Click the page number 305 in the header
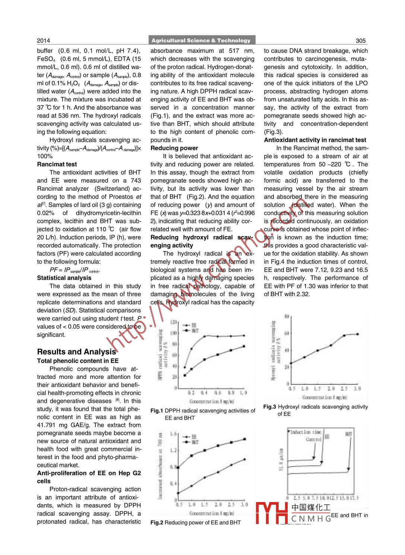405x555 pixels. click(360, 41)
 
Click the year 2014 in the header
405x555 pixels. click(43, 41)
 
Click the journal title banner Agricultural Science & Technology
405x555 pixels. click(201, 40)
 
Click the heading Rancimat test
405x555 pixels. click(57, 164)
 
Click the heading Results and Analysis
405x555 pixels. click(76, 352)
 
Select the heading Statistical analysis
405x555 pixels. click(64, 278)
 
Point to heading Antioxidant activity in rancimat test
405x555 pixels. click(315, 140)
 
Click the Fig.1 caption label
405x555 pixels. click(156, 411)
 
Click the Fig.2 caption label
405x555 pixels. click(156, 523)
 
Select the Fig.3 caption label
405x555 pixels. click(269, 407)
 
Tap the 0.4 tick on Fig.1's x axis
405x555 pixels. click(204, 393)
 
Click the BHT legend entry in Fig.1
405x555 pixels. click(195, 331)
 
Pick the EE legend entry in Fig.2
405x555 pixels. click(194, 437)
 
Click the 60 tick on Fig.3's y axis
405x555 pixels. click(287, 333)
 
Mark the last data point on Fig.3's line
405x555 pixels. click(358, 334)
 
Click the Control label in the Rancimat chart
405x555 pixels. click(313, 440)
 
